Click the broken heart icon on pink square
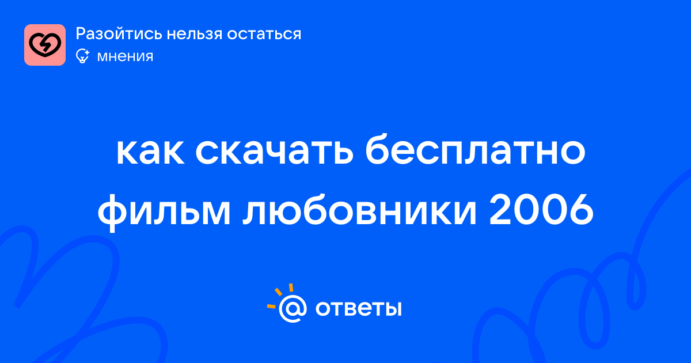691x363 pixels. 45,45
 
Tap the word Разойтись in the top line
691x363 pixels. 119,34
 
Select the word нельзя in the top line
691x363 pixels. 195,34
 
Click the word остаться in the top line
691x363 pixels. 264,35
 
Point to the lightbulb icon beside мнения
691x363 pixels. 82,56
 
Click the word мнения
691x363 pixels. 126,57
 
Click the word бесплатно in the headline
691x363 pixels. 475,149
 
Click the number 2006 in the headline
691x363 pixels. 541,210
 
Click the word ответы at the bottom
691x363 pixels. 358,308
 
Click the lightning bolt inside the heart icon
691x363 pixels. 45,46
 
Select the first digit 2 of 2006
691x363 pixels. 500,210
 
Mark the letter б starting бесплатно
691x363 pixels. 378,149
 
